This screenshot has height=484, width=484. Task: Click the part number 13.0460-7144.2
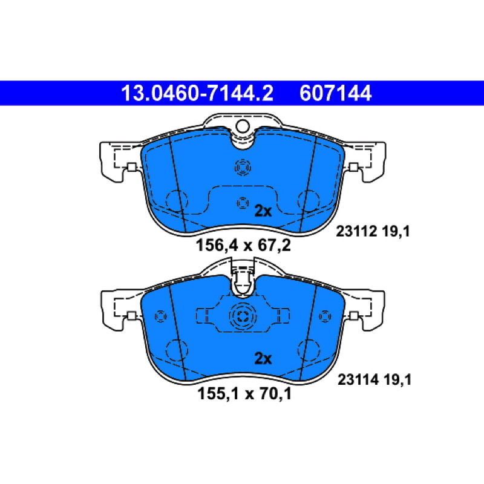coord(197,93)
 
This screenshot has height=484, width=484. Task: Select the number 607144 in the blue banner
coord(335,93)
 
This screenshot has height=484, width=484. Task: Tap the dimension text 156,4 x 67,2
coord(243,246)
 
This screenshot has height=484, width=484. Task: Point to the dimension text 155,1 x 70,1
coord(244,394)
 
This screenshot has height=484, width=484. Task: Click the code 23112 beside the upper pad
coord(356,231)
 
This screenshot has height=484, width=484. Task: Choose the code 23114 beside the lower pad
coord(358,379)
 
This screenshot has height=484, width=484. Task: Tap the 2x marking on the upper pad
coord(263,211)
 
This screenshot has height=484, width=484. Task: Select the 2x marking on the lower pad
coord(263,359)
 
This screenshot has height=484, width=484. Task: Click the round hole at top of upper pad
coord(243,126)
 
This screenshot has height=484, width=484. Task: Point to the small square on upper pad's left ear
coord(132,168)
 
